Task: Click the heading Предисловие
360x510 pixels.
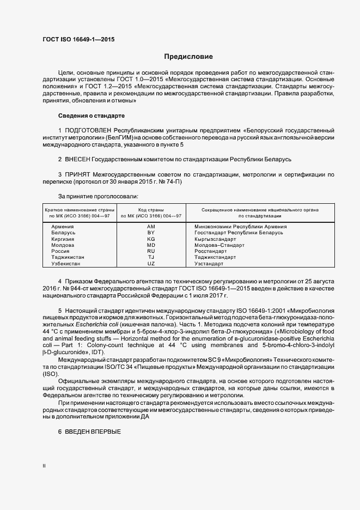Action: click(x=188, y=57)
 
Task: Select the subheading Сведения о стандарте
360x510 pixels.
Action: click(x=91, y=116)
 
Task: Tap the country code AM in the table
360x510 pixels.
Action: click(x=151, y=226)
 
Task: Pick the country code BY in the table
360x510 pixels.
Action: click(x=151, y=233)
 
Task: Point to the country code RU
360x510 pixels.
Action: click(x=151, y=251)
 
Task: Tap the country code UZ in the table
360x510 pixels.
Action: click(x=151, y=264)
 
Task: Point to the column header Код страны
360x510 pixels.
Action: click(x=151, y=210)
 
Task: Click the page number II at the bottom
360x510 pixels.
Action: click(x=44, y=466)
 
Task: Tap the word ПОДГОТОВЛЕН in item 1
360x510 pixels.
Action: click(x=90, y=131)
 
